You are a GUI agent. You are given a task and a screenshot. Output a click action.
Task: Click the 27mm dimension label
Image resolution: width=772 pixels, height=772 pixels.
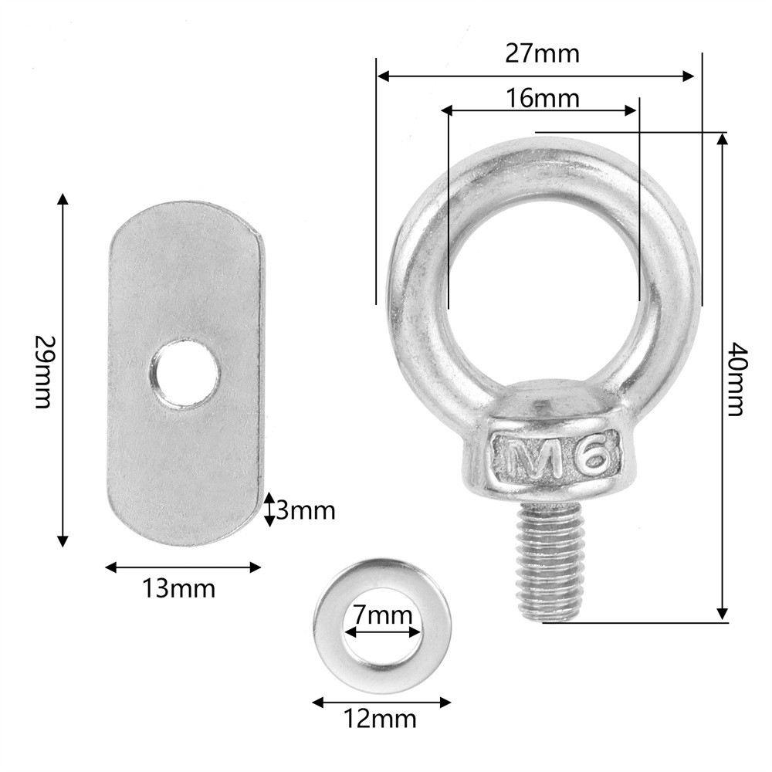tap(542, 53)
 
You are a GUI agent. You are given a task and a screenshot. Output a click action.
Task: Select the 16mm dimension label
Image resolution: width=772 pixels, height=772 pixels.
tap(542, 98)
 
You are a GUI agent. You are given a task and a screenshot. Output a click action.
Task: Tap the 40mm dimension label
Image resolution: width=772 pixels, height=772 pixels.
tap(738, 378)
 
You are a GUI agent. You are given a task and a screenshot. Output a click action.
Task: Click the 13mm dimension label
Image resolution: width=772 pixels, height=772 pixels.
tap(179, 588)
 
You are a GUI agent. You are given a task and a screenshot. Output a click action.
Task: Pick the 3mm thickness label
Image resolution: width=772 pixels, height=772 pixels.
tap(306, 510)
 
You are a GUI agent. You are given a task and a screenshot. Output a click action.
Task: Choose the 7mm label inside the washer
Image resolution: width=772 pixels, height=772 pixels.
tap(383, 615)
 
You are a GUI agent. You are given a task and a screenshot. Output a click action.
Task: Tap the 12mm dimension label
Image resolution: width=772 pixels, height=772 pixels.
tap(380, 719)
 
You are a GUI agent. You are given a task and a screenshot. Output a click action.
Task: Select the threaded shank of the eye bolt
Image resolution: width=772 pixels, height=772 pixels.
tap(550, 562)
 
